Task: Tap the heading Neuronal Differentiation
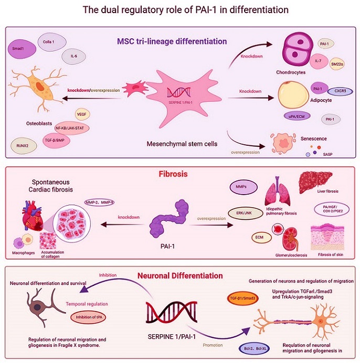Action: (181, 275)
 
